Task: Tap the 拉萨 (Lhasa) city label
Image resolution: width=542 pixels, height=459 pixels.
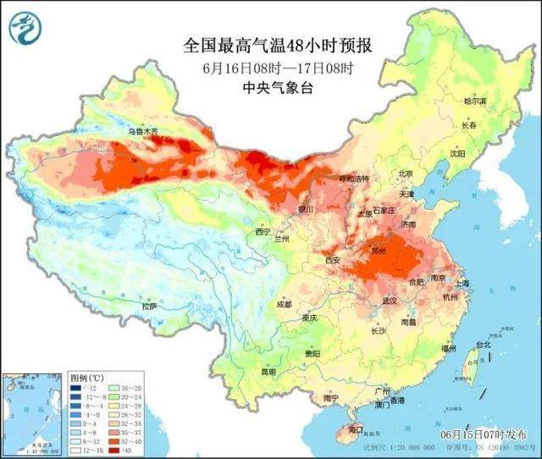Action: [x=150, y=307]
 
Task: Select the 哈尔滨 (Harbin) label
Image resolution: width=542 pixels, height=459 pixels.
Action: [x=476, y=101]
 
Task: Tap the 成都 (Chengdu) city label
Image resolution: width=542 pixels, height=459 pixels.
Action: [x=283, y=303]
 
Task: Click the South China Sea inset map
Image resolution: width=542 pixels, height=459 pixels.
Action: [x=31, y=411]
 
